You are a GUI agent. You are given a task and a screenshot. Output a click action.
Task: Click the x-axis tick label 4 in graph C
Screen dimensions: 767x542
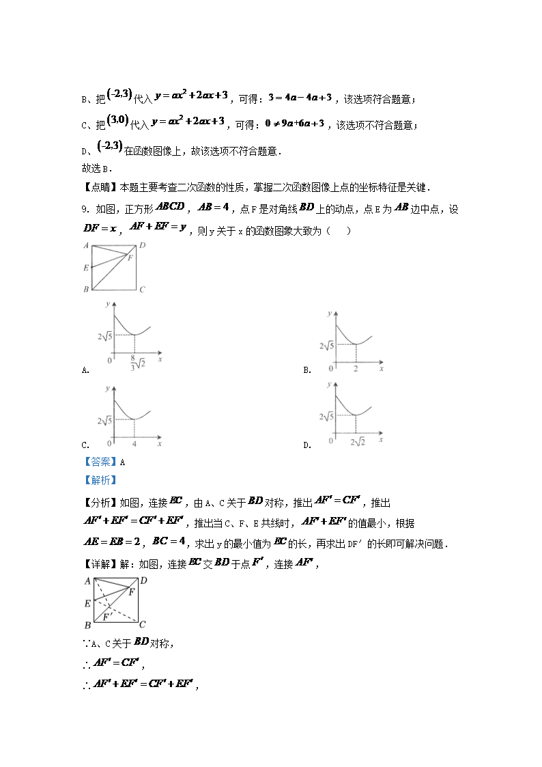click(134, 444)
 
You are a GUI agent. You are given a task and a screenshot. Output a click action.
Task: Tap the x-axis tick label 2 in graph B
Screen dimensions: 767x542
click(356, 369)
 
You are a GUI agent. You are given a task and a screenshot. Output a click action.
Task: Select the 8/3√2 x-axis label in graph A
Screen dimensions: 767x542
click(134, 362)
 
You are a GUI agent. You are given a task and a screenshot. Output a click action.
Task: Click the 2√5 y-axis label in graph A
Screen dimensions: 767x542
click(104, 335)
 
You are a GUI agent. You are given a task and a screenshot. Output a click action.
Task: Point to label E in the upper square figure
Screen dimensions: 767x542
click(86, 268)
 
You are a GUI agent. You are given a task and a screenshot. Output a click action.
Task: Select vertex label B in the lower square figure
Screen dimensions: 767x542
click(87, 625)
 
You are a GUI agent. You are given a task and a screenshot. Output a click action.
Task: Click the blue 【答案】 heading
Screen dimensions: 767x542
click(100, 462)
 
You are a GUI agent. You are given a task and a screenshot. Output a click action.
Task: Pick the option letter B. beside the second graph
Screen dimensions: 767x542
click(307, 370)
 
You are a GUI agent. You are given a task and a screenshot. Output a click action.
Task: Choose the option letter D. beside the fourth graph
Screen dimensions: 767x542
click(307, 445)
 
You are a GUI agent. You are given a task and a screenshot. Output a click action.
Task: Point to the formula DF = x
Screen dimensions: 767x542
click(99, 229)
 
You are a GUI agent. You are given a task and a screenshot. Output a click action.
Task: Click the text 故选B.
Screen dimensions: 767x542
click(94, 168)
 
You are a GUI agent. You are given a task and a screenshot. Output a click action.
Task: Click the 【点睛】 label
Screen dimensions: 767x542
click(100, 188)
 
